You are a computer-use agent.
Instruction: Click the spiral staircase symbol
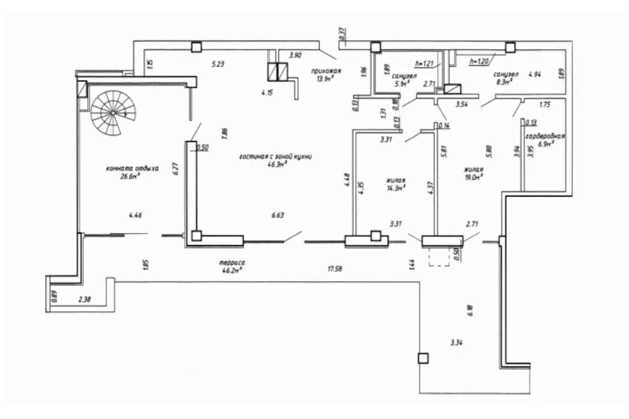click(113, 113)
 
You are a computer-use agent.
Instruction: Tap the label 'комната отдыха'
click(132, 168)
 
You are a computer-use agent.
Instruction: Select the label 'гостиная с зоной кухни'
click(275, 156)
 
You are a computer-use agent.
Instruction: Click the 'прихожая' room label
click(326, 71)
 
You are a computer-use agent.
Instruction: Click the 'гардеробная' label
click(545, 136)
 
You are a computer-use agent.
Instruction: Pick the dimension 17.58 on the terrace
click(335, 269)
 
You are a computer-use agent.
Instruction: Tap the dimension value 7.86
click(224, 134)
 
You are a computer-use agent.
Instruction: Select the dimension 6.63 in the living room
click(278, 215)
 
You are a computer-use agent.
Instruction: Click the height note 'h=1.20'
click(478, 61)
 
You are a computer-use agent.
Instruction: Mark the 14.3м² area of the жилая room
click(396, 188)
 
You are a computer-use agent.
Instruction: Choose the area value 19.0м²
click(473, 177)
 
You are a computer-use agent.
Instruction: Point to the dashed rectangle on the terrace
click(439, 257)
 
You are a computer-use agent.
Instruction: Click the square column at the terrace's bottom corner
click(423, 358)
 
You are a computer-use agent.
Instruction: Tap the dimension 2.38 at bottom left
click(85, 300)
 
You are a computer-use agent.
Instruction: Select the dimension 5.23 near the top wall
click(218, 64)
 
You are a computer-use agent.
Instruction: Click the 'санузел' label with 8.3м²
click(506, 75)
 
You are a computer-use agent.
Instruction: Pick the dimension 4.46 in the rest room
click(135, 215)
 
